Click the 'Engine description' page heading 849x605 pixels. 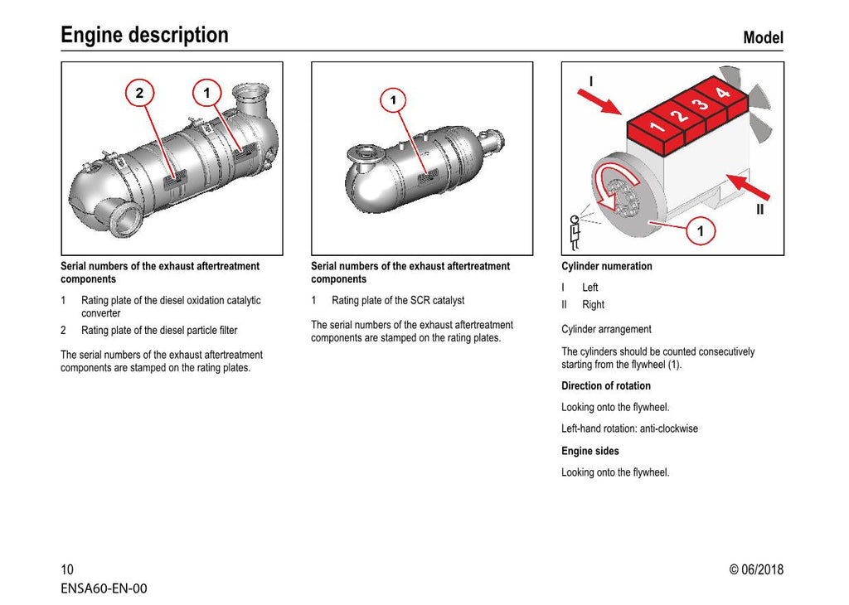144,35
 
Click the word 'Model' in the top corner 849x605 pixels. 762,37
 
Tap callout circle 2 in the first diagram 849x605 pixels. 139,93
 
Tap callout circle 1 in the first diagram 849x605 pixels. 207,93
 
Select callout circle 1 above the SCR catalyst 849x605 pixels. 393,101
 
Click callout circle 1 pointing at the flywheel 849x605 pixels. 701,231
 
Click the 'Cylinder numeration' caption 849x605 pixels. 606,266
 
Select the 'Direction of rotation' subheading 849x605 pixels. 605,385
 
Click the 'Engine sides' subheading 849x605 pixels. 589,451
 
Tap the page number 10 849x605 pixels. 67,569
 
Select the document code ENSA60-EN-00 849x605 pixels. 104,588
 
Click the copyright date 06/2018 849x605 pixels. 755,569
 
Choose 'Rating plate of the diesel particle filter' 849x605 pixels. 158,330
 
